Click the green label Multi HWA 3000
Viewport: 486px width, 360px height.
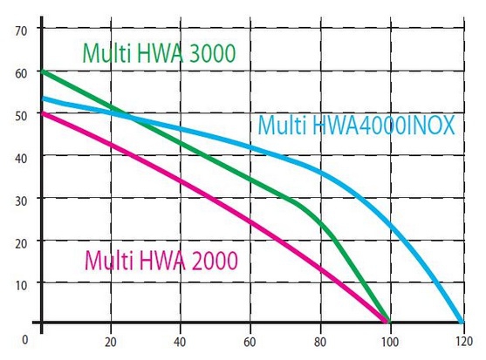(x=159, y=52)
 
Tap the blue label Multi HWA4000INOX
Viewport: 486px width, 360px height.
(x=356, y=126)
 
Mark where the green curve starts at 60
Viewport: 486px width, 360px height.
(x=42, y=71)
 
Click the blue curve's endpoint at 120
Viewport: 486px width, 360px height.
(x=461, y=321)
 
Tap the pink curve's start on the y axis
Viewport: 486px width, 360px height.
(x=42, y=112)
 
